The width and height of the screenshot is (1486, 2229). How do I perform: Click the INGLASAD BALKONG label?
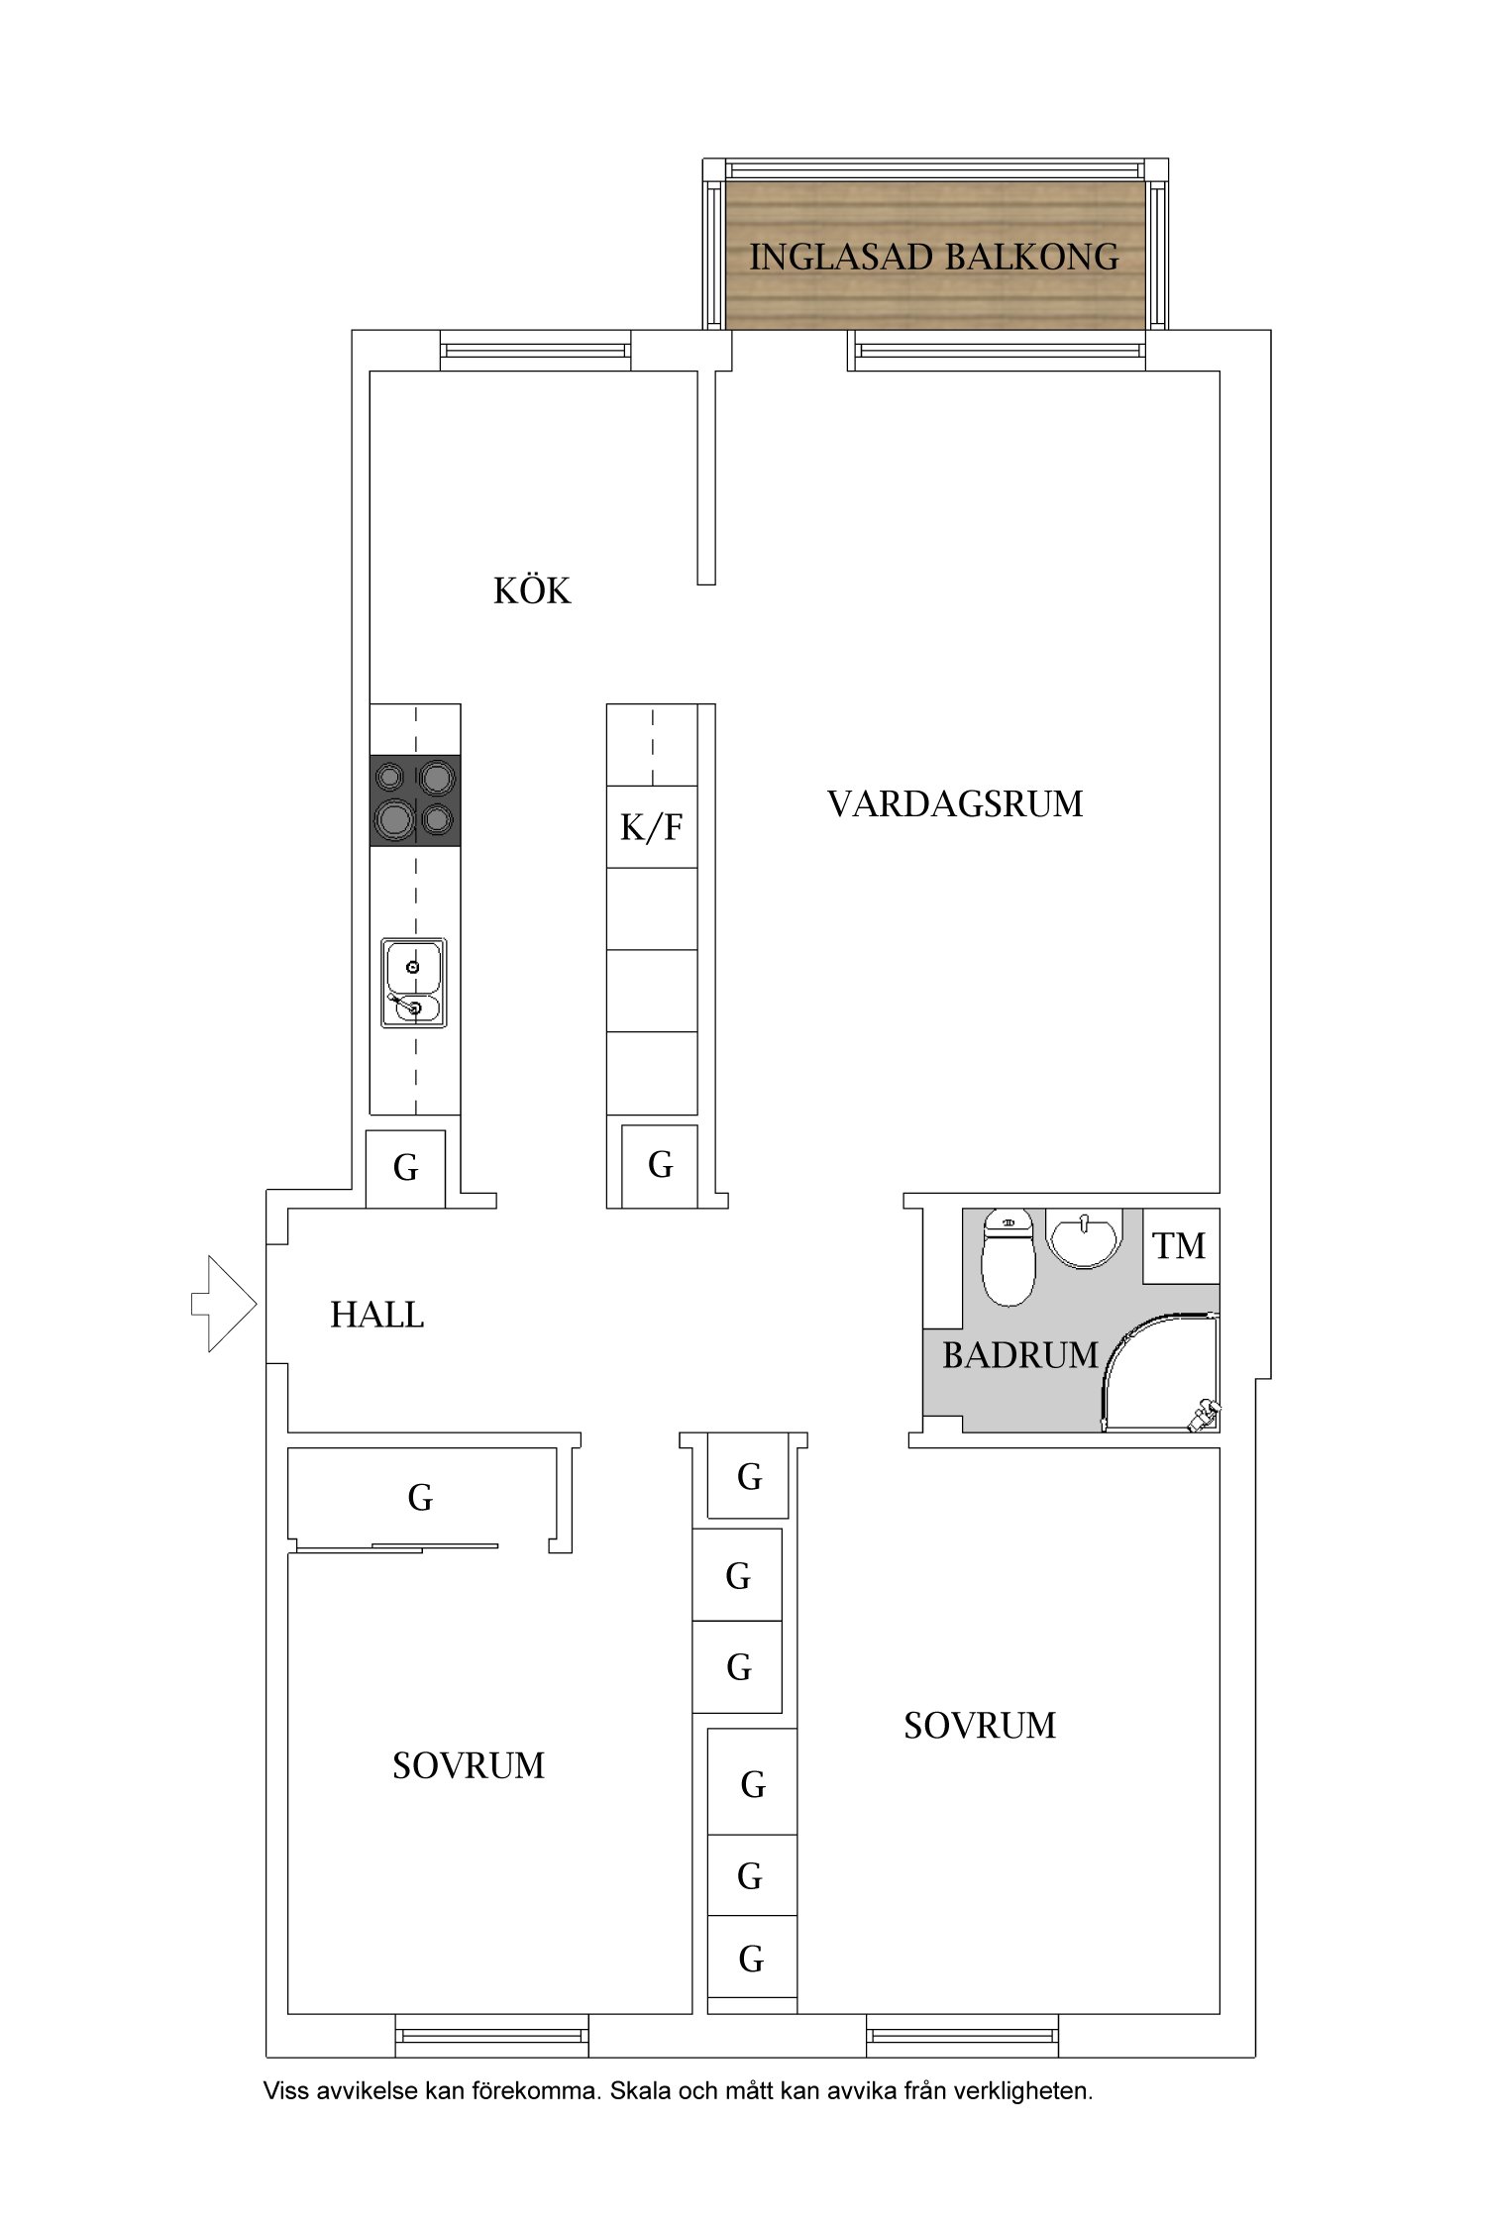pos(934,258)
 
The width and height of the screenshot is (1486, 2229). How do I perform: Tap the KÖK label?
pos(532,590)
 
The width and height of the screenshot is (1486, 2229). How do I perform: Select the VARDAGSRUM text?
pos(955,803)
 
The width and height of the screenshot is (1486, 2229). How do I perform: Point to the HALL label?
pos(376,1315)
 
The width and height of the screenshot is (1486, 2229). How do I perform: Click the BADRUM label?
pos(1020,1354)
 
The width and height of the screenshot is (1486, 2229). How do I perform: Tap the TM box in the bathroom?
pos(1181,1245)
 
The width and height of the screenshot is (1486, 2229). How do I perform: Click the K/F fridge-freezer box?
pos(652,827)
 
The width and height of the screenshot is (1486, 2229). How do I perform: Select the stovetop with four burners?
pos(415,800)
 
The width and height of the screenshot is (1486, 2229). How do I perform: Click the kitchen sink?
pos(414,983)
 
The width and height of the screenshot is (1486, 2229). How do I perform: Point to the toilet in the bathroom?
pos(1008,1259)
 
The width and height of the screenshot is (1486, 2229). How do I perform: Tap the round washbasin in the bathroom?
pos(1085,1238)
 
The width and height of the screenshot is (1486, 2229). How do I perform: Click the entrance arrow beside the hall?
pos(225,1304)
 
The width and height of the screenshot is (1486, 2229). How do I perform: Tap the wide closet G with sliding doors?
pos(420,1497)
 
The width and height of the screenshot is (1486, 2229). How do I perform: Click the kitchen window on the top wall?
pos(535,351)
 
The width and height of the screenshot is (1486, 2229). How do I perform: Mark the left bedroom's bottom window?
pos(492,2036)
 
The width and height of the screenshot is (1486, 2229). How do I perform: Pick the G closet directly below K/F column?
pos(660,1166)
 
